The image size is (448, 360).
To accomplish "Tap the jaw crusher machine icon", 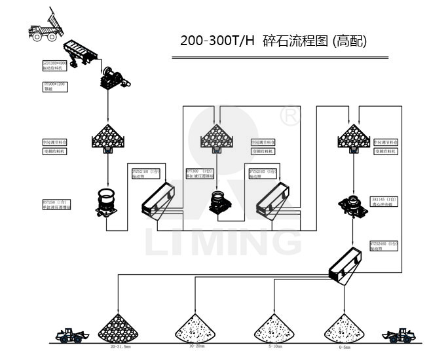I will [x=115, y=78].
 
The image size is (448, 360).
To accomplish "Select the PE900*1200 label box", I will [x=55, y=87].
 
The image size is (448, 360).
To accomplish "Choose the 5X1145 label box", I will [x=384, y=201].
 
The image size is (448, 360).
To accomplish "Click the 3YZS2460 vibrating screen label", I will [x=383, y=246].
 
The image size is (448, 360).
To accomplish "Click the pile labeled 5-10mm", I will [x=274, y=328].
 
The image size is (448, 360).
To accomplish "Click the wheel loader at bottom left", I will [x=70, y=335].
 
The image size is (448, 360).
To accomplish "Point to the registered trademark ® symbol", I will [x=289, y=115].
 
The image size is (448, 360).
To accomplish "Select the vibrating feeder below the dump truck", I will [x=83, y=52].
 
